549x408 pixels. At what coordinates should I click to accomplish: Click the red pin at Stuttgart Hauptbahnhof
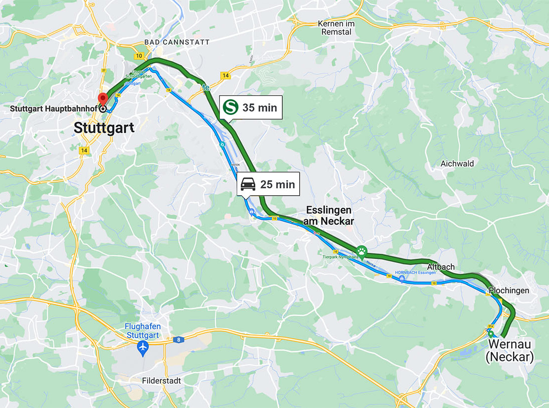(103, 98)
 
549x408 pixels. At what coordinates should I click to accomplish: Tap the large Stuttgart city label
(104, 128)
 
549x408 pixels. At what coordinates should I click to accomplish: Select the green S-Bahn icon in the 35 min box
(230, 107)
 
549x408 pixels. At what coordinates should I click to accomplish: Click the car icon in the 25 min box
(248, 184)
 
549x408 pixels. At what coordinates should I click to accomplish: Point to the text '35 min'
(259, 107)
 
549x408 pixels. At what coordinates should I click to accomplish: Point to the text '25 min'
(277, 184)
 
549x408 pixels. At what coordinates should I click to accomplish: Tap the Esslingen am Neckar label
(328, 215)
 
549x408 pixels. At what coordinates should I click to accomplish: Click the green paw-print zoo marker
(361, 250)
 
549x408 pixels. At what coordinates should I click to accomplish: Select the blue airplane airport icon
(144, 347)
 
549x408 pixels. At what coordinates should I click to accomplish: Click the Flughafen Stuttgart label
(143, 331)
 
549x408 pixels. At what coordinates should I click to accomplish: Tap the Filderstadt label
(161, 381)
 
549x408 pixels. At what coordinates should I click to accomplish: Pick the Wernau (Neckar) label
(511, 351)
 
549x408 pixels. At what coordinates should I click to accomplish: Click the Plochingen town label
(509, 290)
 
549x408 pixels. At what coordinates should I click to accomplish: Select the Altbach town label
(441, 267)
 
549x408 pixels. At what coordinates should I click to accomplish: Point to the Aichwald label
(457, 163)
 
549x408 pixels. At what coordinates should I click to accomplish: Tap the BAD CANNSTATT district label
(177, 42)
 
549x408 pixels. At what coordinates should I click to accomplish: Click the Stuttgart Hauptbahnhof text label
(49, 108)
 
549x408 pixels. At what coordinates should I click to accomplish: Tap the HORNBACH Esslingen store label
(415, 273)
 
